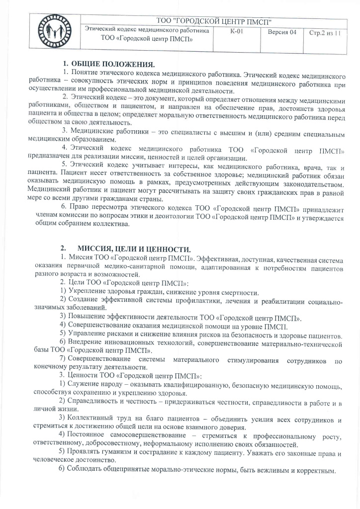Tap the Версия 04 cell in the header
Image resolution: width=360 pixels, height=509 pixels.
282,32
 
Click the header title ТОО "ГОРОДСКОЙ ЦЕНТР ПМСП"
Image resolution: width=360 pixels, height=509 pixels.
214,21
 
